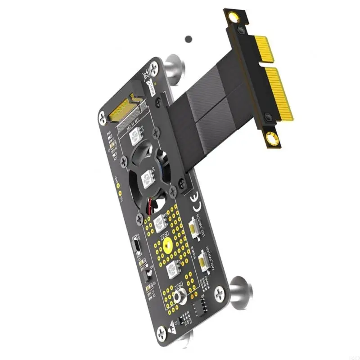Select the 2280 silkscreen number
(x=179, y=286)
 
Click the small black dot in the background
(x=189, y=39)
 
